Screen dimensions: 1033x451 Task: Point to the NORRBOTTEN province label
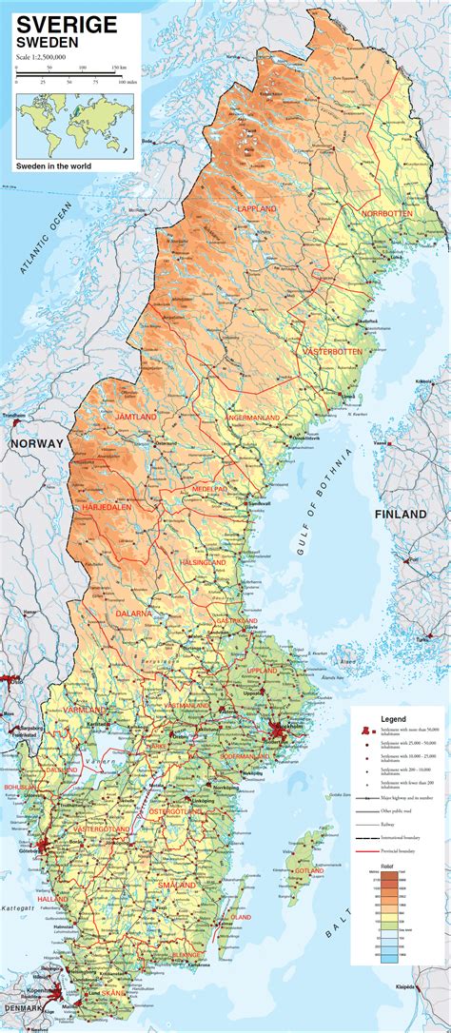click(386, 214)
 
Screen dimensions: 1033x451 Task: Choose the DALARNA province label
click(134, 614)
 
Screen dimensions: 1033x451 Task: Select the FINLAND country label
click(401, 514)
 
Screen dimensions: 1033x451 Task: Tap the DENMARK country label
click(25, 1006)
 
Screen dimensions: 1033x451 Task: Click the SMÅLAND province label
click(177, 885)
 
